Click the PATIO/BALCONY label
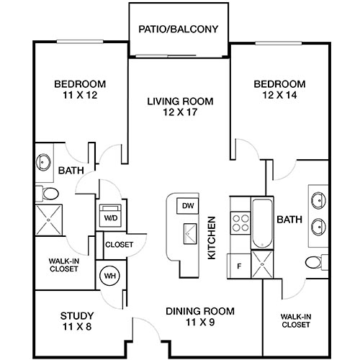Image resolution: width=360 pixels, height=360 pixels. pyautogui.click(x=179, y=30)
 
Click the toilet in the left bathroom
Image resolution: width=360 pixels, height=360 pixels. pyautogui.click(x=48, y=193)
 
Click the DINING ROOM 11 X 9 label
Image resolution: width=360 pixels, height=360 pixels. pyautogui.click(x=200, y=316)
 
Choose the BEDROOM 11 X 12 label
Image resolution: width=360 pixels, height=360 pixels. pyautogui.click(x=80, y=89)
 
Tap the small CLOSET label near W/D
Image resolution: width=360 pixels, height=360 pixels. pyautogui.click(x=119, y=245)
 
